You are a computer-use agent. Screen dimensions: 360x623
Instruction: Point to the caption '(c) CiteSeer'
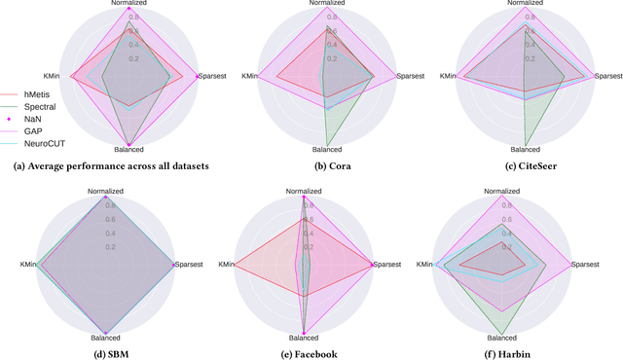[x=524, y=165]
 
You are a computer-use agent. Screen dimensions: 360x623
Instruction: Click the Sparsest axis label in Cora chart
[x=413, y=76]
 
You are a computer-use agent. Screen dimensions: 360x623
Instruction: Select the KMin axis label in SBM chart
[x=28, y=265]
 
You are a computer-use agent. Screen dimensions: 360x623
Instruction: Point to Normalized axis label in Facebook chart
[x=306, y=192]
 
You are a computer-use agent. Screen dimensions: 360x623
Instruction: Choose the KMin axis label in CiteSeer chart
[x=451, y=76]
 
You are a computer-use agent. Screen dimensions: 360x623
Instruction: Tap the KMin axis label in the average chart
[x=53, y=76]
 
